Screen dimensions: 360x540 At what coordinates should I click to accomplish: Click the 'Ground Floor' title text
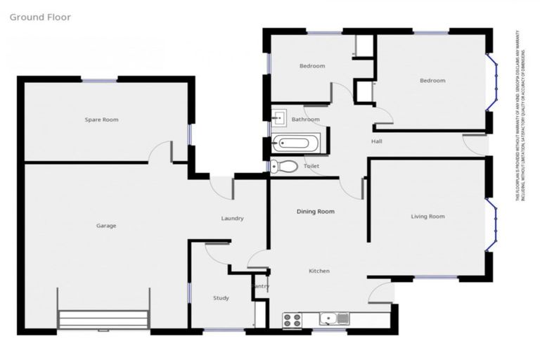[40, 17]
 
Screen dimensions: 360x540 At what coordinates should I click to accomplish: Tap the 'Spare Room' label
[101, 120]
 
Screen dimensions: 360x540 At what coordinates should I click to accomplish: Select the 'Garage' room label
[106, 226]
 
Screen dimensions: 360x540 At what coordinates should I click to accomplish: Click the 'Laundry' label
[232, 219]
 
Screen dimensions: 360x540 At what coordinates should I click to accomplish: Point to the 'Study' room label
[221, 298]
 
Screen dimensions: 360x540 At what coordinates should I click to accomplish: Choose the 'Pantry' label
[260, 286]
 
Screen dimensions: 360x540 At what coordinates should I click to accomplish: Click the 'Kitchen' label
[319, 271]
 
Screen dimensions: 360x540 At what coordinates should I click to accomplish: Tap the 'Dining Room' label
[315, 211]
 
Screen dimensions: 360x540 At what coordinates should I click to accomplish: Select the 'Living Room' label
[427, 217]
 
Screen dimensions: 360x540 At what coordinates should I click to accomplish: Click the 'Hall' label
[377, 142]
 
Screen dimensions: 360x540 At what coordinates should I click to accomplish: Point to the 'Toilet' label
[311, 166]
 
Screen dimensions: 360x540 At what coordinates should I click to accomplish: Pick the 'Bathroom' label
[306, 120]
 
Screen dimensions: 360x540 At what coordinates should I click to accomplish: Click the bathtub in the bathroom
[296, 143]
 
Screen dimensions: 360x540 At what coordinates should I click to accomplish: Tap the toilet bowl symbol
[283, 167]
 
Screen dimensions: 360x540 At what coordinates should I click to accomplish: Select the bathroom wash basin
[278, 117]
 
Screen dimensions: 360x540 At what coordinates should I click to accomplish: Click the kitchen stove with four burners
[292, 320]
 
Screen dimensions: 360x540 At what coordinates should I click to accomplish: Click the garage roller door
[103, 319]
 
